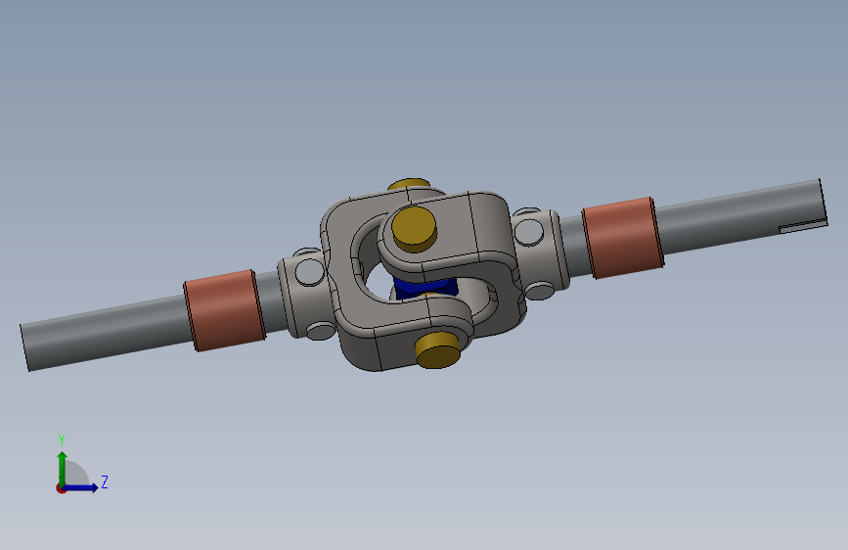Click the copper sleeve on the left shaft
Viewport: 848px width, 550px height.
pos(224,310)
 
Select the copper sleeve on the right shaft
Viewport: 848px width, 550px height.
pos(623,238)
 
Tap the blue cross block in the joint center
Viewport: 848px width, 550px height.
pos(424,287)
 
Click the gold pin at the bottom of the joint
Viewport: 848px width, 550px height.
pos(437,349)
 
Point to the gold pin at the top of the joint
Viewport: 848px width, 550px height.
pos(410,184)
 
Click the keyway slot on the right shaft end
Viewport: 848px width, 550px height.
pos(803,226)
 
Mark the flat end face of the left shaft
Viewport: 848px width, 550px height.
pos(24,347)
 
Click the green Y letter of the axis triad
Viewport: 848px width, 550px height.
pos(62,439)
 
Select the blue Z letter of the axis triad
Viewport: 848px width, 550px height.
pos(105,481)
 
